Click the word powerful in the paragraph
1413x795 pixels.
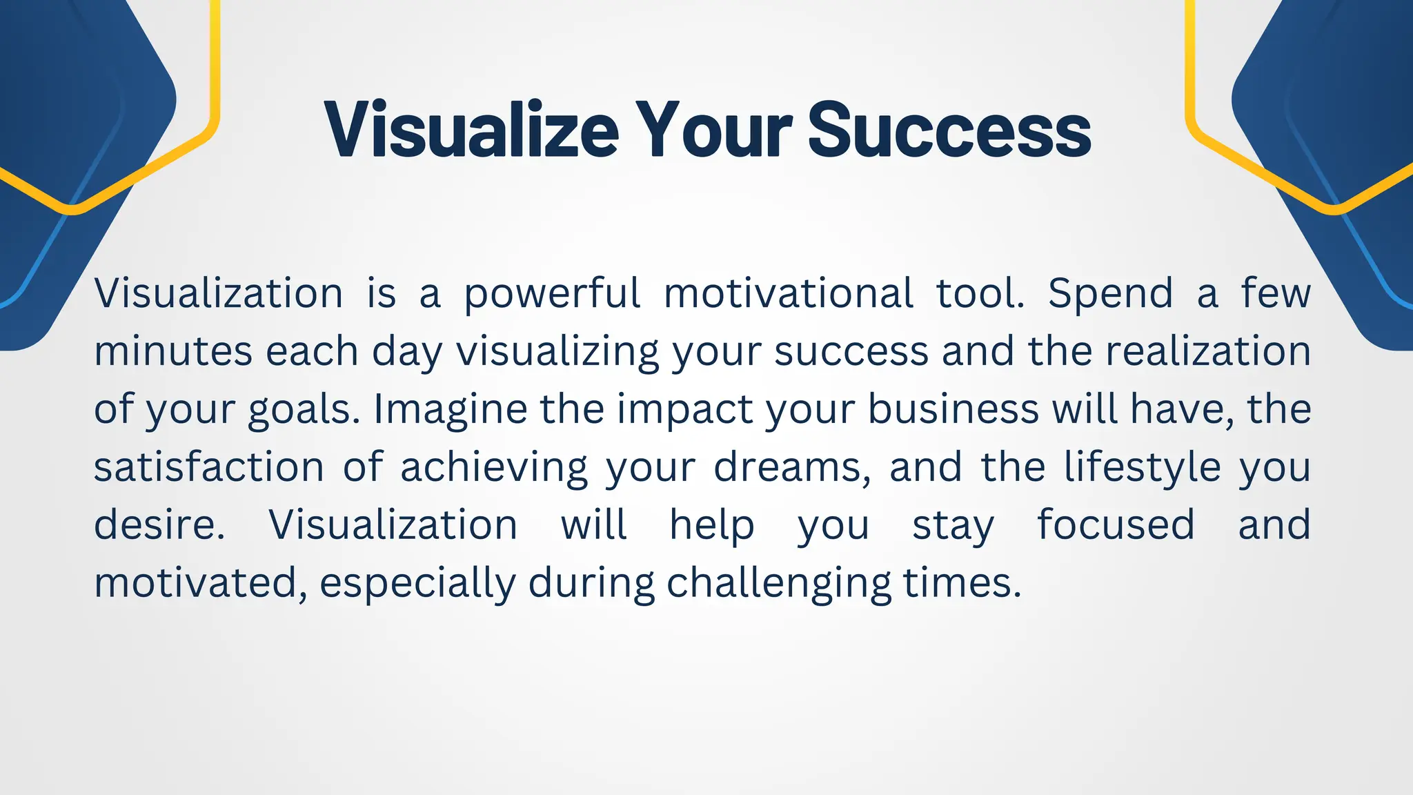552,293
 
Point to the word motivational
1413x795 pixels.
788,293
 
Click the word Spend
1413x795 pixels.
1110,293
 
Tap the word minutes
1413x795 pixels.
173,351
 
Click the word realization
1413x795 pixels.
1208,351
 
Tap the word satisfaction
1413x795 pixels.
209,467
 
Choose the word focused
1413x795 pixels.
1116,525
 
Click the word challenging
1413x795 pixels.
779,583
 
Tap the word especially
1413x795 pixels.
417,583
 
